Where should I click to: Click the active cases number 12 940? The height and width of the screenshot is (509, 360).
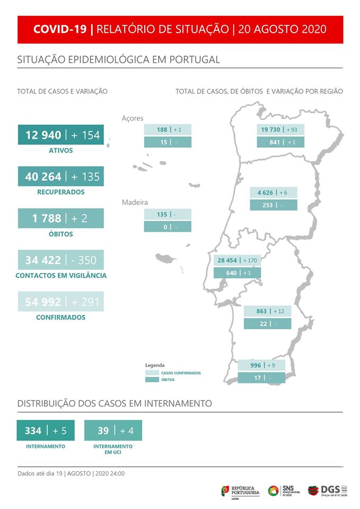(43, 135)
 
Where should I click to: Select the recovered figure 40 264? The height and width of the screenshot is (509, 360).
(43, 177)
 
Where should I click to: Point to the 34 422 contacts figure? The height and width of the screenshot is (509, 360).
(43, 260)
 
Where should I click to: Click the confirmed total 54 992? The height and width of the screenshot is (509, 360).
(43, 302)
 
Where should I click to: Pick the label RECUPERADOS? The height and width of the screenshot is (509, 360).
(60, 192)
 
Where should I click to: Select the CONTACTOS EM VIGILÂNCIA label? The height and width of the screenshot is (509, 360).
(60, 276)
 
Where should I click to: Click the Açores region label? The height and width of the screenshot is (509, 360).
(133, 118)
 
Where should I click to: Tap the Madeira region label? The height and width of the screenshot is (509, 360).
(135, 203)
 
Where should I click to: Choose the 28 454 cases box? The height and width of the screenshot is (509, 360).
(237, 260)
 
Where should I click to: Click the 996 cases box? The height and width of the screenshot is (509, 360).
(261, 365)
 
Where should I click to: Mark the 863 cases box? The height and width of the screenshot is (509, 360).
(267, 311)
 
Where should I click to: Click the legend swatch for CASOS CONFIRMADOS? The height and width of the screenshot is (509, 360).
(151, 373)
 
